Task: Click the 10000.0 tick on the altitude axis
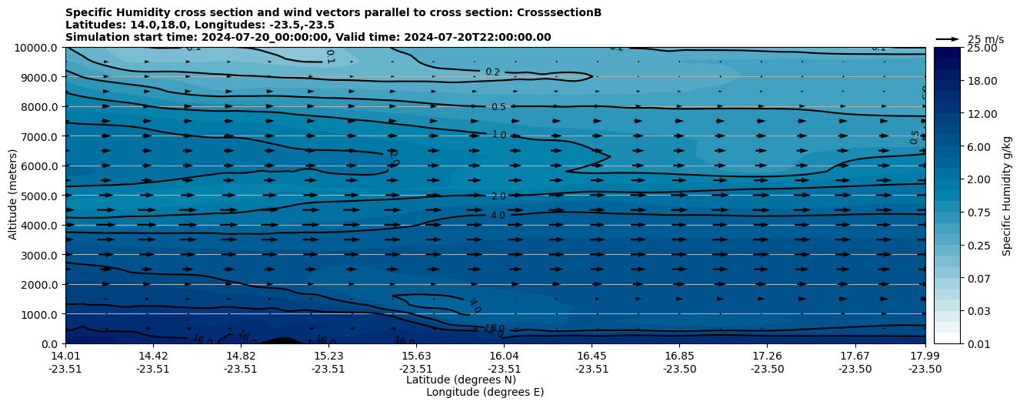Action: click(x=37, y=48)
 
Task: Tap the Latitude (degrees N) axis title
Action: click(x=461, y=380)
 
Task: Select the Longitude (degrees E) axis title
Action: click(x=485, y=392)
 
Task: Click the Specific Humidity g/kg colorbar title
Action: click(x=1007, y=196)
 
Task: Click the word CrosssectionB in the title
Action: click(x=562, y=12)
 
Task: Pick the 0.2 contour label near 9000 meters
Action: click(x=492, y=72)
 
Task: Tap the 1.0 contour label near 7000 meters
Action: click(x=498, y=136)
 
